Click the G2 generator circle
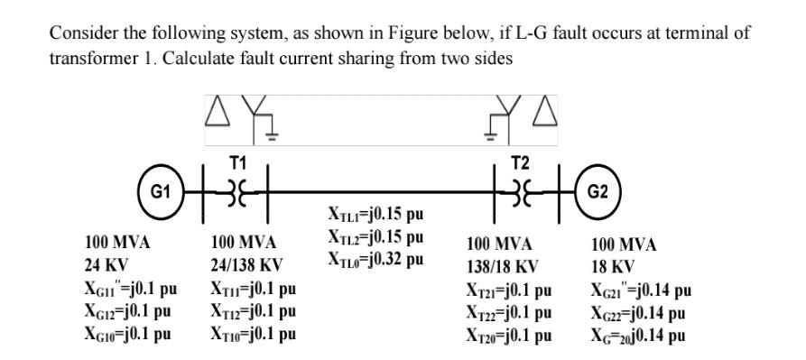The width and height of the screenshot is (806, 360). coord(600,192)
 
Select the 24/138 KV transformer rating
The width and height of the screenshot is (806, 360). coord(246,267)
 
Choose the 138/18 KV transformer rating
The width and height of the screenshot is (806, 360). coord(503,267)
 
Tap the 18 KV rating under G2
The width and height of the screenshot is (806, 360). coord(613,267)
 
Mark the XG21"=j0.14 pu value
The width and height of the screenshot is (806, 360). coord(642,290)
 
